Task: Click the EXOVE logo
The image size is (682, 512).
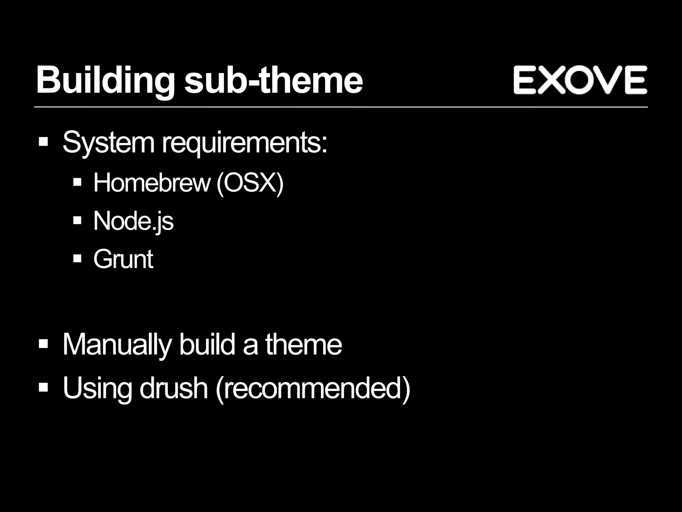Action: point(580,80)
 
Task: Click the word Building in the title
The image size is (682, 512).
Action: point(105,80)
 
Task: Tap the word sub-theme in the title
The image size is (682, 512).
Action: point(273,80)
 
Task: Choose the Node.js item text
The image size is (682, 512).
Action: point(133,221)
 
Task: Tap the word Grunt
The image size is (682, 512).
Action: point(123,259)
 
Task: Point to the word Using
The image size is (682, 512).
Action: point(98,388)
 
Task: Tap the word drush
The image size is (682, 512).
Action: point(173,388)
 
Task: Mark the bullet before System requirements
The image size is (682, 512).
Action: point(43,142)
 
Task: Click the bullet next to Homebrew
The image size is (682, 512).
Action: point(77,182)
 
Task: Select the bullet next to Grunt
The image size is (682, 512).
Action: point(77,258)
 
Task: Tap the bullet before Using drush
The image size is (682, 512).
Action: point(43,387)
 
